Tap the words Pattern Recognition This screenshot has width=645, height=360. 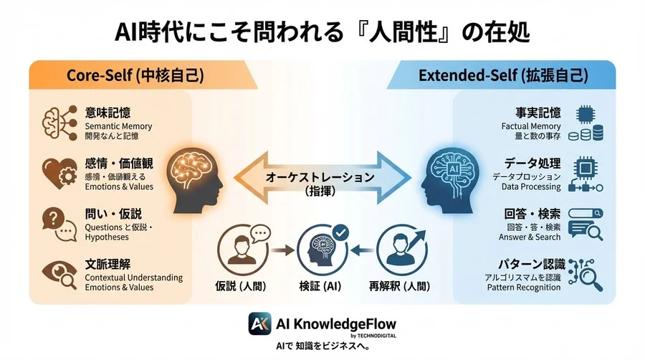[x=524, y=287]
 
